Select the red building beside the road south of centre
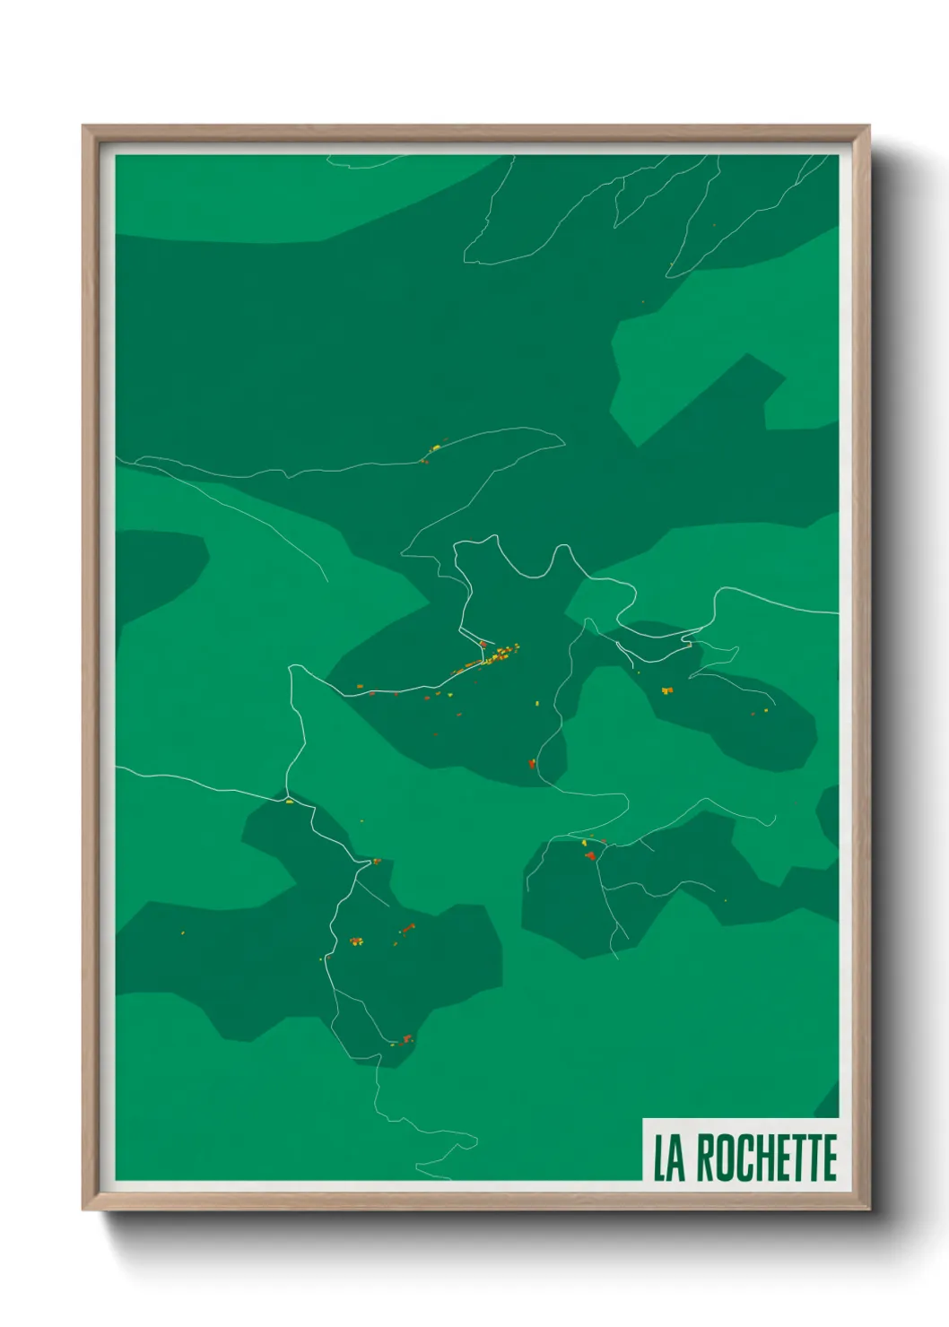click(532, 764)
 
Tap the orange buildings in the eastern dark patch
click(666, 690)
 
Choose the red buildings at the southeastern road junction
click(590, 855)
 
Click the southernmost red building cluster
click(406, 1039)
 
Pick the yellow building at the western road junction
click(289, 801)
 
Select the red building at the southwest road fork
click(376, 862)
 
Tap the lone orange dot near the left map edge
click(182, 933)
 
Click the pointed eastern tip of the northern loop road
click(563, 439)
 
